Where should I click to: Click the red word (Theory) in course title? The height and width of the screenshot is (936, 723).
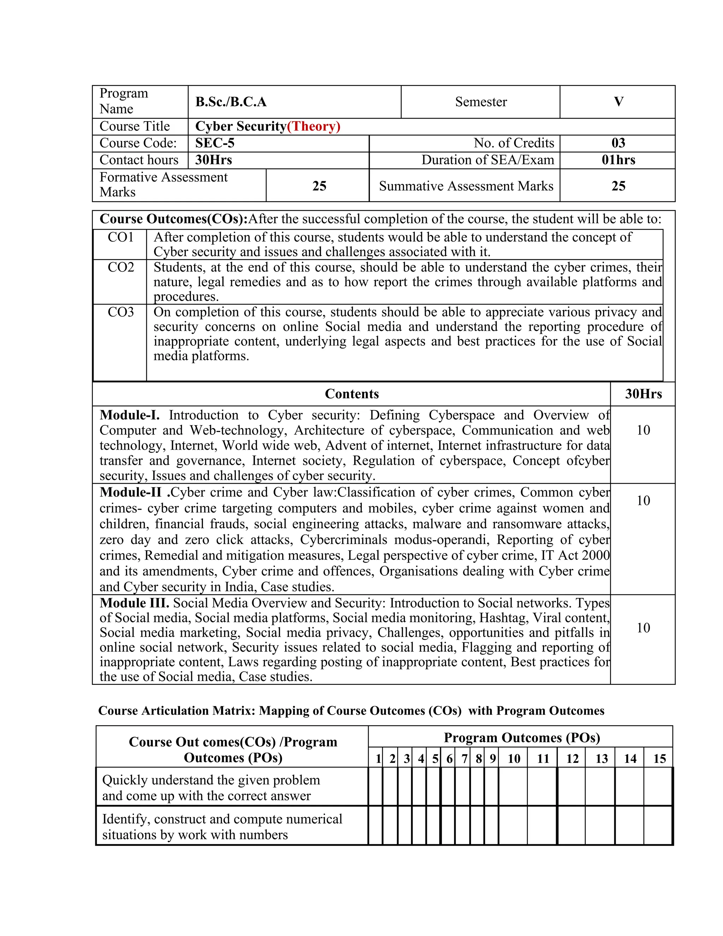[x=313, y=126]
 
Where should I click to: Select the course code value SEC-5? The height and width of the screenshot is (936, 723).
[x=215, y=143]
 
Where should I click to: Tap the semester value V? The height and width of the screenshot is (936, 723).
[x=618, y=102]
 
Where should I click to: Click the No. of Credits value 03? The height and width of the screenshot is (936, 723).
[x=618, y=143]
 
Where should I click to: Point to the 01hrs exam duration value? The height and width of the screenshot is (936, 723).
[x=618, y=160]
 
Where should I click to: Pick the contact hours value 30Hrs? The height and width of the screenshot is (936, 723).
[x=213, y=160]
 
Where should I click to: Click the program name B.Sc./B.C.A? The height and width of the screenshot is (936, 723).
[x=231, y=102]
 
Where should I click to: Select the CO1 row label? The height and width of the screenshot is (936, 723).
[x=120, y=237]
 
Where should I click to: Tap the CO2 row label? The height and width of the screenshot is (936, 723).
[x=120, y=267]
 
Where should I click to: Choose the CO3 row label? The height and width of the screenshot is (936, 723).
[x=120, y=312]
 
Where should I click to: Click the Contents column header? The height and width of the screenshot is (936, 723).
[x=352, y=394]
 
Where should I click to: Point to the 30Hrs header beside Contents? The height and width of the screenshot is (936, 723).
[x=643, y=394]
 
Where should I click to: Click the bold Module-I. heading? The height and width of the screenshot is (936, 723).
[x=129, y=415]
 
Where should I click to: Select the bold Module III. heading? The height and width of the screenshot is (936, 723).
[x=134, y=603]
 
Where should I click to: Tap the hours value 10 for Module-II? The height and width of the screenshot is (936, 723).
[x=643, y=500]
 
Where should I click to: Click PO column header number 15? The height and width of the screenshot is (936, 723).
[x=659, y=759]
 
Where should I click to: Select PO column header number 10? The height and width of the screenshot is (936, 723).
[x=514, y=759]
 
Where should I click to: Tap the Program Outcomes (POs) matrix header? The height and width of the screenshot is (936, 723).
[x=521, y=737]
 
